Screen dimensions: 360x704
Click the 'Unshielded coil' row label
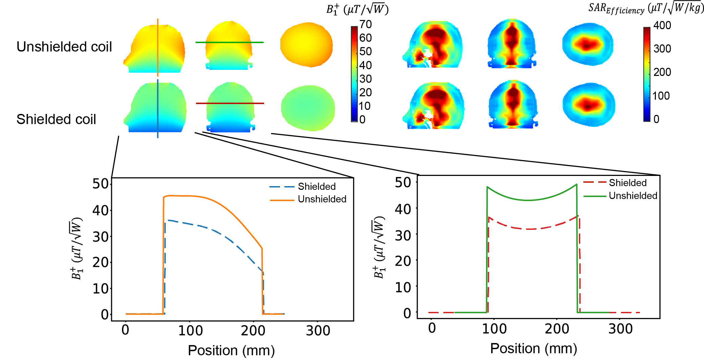pos(64,47)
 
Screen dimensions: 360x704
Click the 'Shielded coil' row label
pos(56,119)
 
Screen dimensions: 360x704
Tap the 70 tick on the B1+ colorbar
pos(366,24)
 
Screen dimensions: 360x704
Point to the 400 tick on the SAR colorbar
pos(662,25)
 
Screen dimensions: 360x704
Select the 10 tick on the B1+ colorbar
pos(365,106)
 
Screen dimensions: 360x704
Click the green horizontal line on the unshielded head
pos(229,42)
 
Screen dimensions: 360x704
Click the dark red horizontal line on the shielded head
pos(230,103)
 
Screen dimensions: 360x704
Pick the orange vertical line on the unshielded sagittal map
pos(158,47)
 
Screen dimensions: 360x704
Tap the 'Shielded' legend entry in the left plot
pos(317,186)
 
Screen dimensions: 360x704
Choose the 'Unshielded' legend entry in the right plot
pos(633,196)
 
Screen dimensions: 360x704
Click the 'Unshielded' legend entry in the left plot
pos(322,199)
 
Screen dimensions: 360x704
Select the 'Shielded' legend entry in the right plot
pos(627,183)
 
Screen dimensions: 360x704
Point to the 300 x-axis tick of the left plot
pos(318,331)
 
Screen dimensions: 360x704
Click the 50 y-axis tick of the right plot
pos(403,183)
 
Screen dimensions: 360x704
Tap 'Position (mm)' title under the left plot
pos(231,350)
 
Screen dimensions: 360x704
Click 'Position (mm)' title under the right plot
pos(534,348)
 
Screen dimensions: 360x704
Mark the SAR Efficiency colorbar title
pos(646,8)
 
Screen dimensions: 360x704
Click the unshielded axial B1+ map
pos(306,45)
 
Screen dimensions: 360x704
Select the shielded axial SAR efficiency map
pos(589,105)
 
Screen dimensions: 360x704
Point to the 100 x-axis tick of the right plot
pos(494,329)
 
